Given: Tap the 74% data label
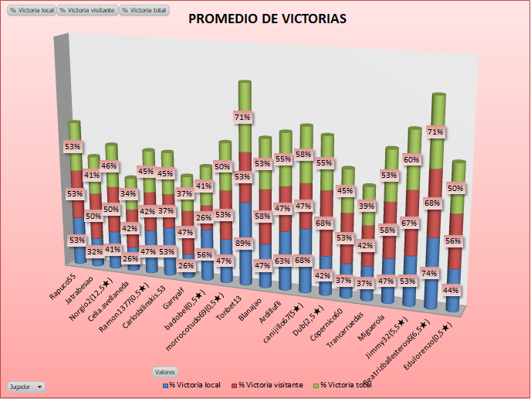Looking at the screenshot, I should (x=431, y=273).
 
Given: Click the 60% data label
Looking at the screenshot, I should (x=412, y=159).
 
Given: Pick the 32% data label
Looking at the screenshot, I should (x=95, y=252).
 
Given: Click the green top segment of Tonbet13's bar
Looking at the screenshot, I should (x=245, y=101).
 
